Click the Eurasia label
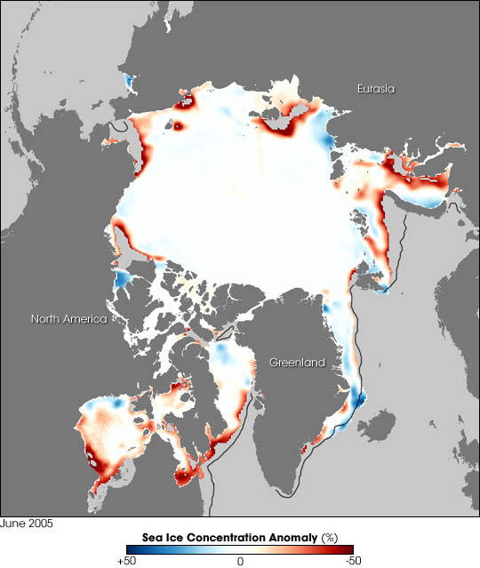(376, 89)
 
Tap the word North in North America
(47, 319)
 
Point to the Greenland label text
(298, 363)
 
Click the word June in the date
(12, 524)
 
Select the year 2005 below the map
(40, 524)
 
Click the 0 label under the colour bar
(240, 562)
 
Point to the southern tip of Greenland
(285, 492)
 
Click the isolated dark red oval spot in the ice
(177, 127)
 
